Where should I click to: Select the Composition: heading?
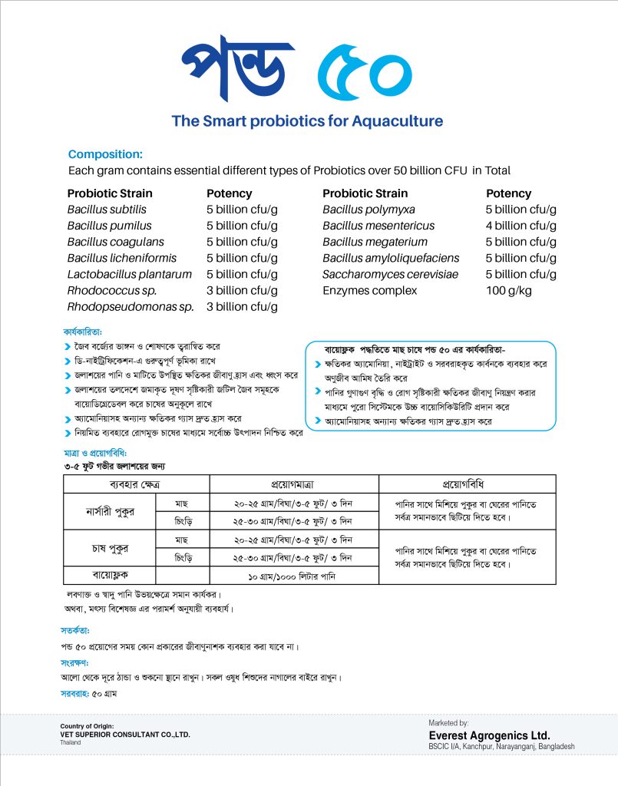105,154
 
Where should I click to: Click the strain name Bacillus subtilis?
107,210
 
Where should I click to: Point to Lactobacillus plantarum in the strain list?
129,274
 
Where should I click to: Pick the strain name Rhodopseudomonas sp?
131,306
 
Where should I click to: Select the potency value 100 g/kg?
508,290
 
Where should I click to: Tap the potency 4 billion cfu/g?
521,226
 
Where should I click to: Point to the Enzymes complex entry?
369,290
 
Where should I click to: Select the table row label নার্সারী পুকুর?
109,512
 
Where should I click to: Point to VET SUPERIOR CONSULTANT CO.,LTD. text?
124,735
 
